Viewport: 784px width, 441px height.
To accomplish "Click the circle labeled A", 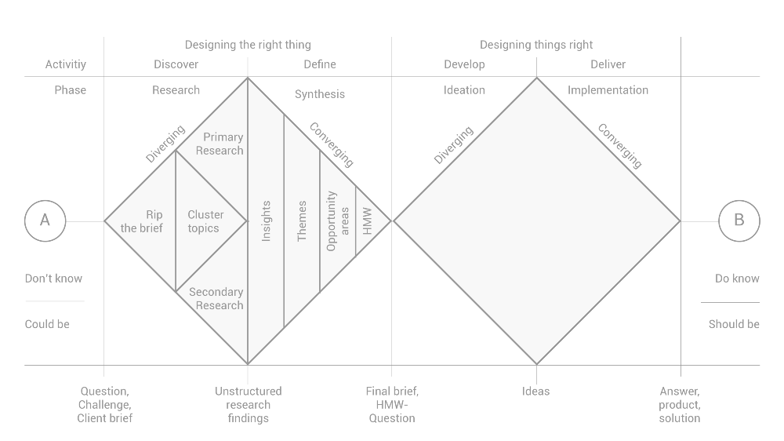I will (45, 221).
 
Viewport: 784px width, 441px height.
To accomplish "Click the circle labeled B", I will (739, 221).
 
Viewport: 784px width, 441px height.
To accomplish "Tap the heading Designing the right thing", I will (248, 45).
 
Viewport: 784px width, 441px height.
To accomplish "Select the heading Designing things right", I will (536, 45).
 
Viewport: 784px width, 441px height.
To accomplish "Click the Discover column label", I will (176, 64).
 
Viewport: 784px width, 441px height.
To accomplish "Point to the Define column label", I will (320, 64).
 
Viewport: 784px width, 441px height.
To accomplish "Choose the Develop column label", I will (464, 64).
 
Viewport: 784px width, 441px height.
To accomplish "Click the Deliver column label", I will (608, 64).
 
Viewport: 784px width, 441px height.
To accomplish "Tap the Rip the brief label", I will (143, 221).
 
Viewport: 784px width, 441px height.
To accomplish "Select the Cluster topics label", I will (205, 221).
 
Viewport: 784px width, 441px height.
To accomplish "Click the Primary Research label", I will (220, 144).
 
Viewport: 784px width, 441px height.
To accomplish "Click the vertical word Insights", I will (266, 221).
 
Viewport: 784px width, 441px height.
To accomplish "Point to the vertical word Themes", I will (302, 221).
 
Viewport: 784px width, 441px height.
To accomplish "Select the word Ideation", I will (464, 90).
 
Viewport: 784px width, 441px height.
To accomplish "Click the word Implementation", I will (608, 90).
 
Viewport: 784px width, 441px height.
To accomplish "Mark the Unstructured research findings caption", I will (248, 404).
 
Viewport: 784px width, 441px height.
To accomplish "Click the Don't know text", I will (53, 279).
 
